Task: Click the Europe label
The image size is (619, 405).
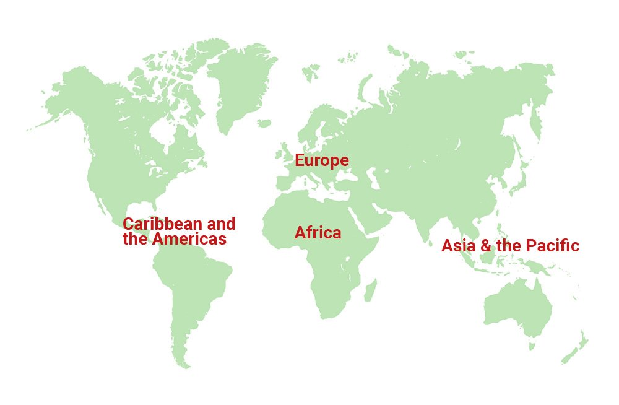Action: pyautogui.click(x=321, y=160)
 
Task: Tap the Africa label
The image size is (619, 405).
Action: pyautogui.click(x=318, y=233)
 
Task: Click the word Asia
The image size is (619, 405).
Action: pyautogui.click(x=459, y=246)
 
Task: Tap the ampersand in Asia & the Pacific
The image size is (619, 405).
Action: pyautogui.click(x=486, y=246)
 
